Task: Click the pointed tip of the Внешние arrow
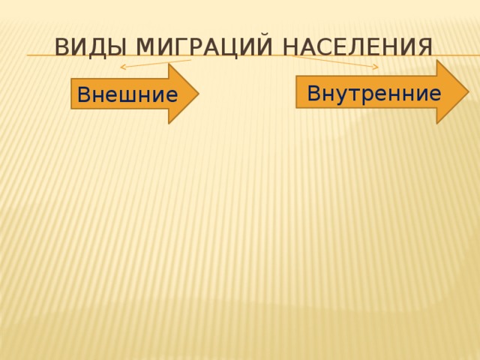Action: coord(197,93)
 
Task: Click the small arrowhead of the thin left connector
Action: coord(123,68)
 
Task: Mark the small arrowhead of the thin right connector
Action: coord(377,68)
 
